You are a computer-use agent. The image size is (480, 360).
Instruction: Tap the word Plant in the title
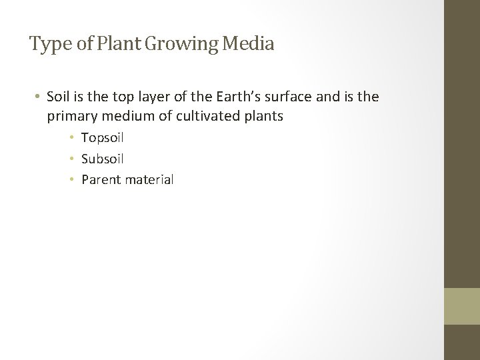[x=113, y=45]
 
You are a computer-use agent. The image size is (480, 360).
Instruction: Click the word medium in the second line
[x=124, y=117]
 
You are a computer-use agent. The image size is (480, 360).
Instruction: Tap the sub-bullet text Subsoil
[x=102, y=159]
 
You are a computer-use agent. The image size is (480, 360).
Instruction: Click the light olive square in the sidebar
[x=462, y=307]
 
